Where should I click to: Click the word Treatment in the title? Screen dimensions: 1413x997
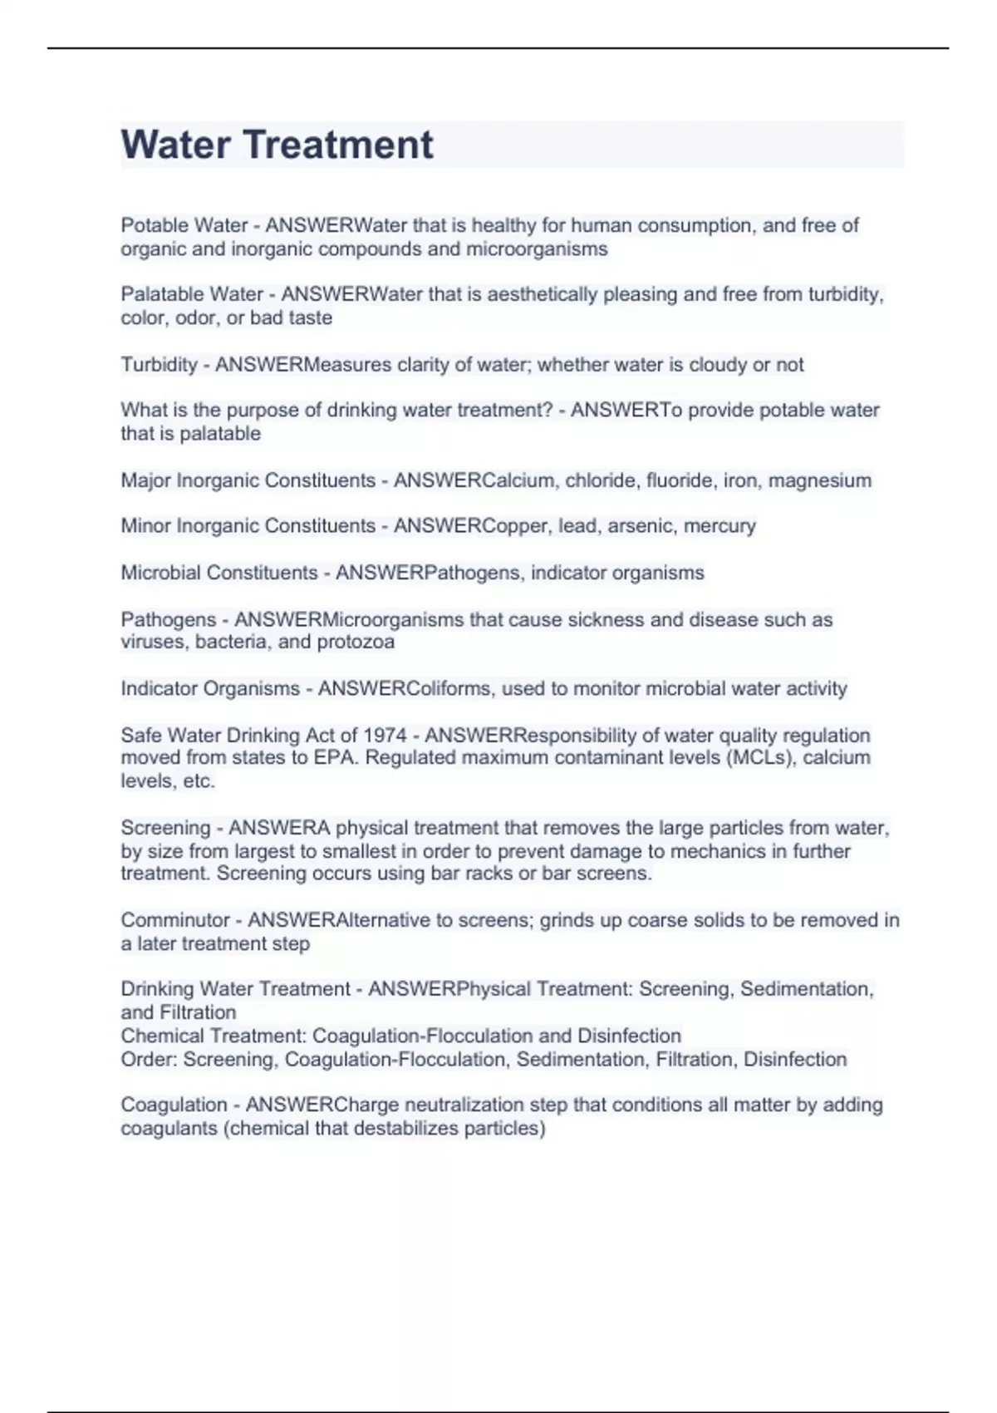[x=337, y=145]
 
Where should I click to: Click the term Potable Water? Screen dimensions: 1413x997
[x=184, y=225]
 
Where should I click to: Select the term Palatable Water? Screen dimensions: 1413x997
[x=192, y=294]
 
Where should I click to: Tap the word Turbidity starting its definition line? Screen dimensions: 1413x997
[x=159, y=365]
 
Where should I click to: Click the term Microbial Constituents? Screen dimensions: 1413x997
[x=219, y=573]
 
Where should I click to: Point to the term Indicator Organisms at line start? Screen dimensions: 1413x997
[x=210, y=689]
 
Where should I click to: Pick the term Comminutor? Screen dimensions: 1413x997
[x=174, y=920]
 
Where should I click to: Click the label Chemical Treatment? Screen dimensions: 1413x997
[x=214, y=1036]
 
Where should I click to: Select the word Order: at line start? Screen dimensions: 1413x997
[x=149, y=1060]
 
